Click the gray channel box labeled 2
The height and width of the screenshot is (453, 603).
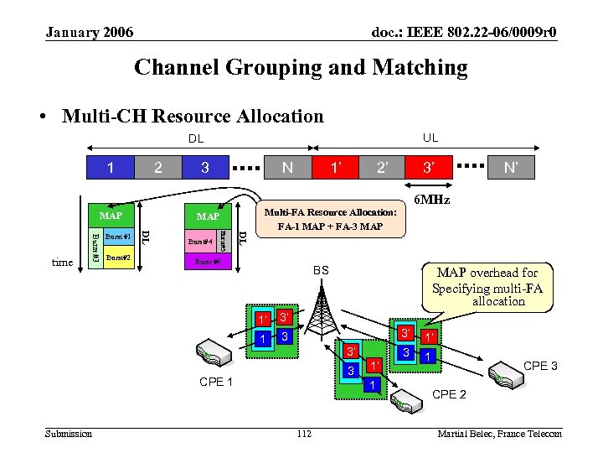[x=158, y=168]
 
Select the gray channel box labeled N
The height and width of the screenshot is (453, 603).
[x=287, y=168]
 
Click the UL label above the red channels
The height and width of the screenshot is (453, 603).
[x=430, y=138]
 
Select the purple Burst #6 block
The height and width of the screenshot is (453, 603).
[x=206, y=263]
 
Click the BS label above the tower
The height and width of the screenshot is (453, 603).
[x=322, y=272]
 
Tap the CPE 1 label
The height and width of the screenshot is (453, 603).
[x=217, y=383]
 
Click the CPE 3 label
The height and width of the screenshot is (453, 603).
[x=540, y=366]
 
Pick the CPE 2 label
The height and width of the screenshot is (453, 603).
[x=449, y=394]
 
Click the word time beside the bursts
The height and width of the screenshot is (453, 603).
[x=63, y=263]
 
